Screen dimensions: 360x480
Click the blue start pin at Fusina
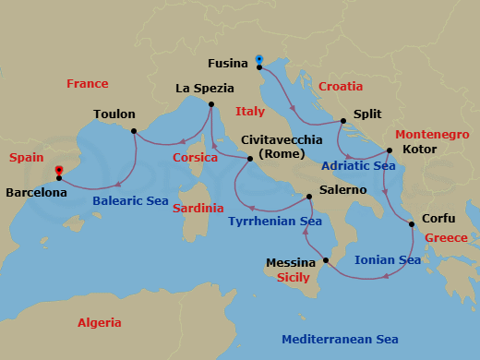(x=258, y=61)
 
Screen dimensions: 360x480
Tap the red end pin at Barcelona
(x=58, y=172)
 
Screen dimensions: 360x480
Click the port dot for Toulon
(x=134, y=130)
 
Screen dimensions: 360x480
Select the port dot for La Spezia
(x=210, y=105)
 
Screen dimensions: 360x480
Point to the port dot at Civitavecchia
(x=249, y=160)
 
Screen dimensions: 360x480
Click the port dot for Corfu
(x=412, y=224)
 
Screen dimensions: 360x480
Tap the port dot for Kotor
(x=390, y=150)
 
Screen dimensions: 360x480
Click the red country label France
(x=88, y=84)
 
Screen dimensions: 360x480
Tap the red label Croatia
(x=341, y=87)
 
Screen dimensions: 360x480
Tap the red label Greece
(x=447, y=238)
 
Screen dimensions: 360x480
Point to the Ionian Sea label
(x=388, y=260)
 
